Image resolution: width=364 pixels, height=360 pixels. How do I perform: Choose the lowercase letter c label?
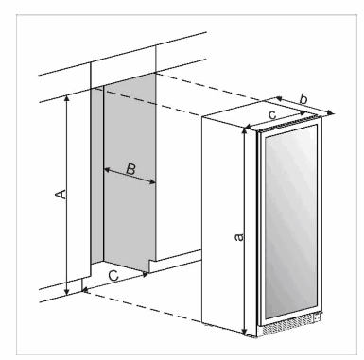[x=272, y=114]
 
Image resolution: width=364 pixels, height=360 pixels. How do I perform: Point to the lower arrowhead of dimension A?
[x=68, y=292]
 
